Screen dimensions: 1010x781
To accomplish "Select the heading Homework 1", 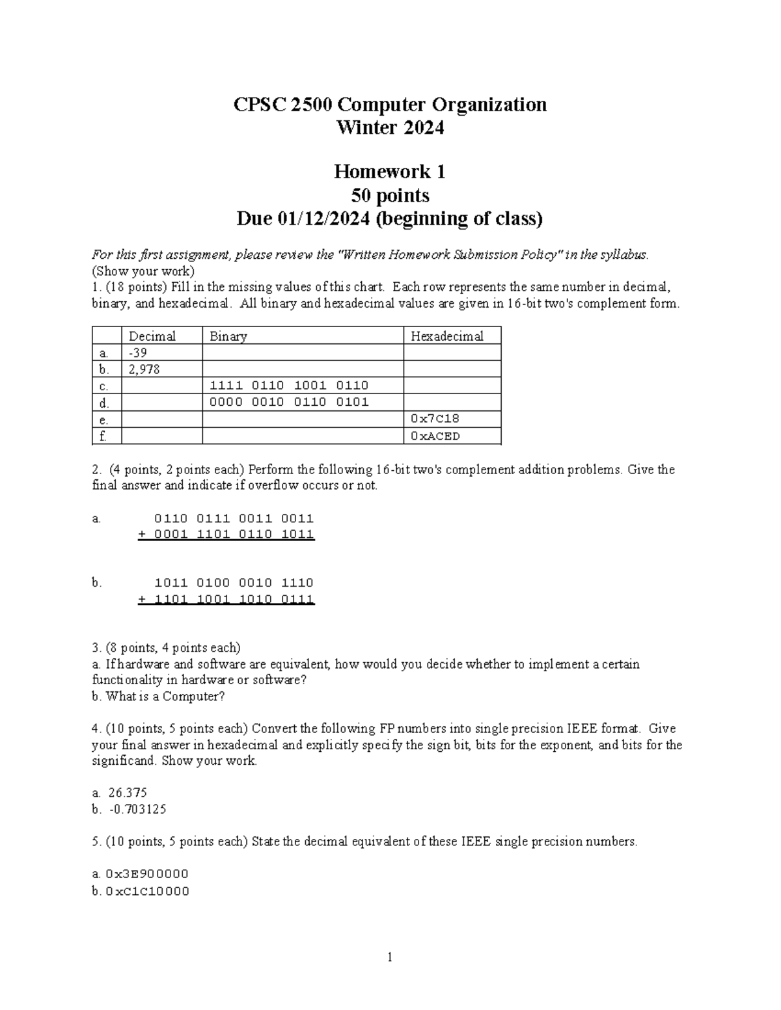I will coord(389,172).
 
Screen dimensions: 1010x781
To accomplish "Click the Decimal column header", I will coord(152,336).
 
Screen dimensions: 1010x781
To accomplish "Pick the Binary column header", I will coord(228,336).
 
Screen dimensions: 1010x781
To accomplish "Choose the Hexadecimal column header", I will coord(446,336).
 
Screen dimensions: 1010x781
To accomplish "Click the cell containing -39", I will coord(138,352).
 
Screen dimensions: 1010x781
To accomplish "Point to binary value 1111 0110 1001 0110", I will coord(289,386).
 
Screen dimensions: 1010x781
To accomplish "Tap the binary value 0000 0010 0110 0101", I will coord(289,402).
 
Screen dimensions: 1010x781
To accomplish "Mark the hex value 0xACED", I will coord(435,436).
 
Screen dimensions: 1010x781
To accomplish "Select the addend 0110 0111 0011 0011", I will coord(234,518).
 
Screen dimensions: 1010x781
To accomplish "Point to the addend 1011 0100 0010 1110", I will coord(234,583).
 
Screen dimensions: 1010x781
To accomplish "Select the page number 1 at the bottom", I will coord(390,957).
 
